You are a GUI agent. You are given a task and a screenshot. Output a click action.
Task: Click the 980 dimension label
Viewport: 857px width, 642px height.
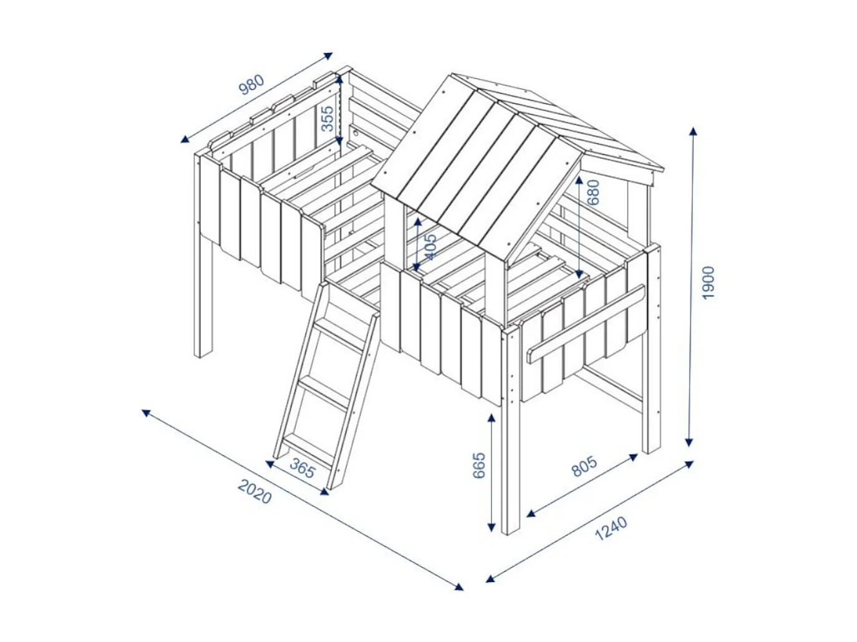(x=253, y=85)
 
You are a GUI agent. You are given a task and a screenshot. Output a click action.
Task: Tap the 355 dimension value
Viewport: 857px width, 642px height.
(x=327, y=118)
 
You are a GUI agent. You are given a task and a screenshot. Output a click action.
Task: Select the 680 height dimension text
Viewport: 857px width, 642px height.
(x=593, y=192)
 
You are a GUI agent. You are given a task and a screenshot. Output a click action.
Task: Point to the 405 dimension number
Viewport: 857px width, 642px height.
(x=430, y=246)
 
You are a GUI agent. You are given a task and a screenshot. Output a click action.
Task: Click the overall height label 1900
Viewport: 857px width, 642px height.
(x=708, y=282)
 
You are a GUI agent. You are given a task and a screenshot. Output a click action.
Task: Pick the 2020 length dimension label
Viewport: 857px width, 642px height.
(x=254, y=491)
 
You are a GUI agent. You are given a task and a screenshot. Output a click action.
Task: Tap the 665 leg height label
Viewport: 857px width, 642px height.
(x=479, y=465)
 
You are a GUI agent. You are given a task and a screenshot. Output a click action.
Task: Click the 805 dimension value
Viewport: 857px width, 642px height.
(x=584, y=466)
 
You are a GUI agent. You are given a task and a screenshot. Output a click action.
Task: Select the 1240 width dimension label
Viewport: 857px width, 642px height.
(x=611, y=529)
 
